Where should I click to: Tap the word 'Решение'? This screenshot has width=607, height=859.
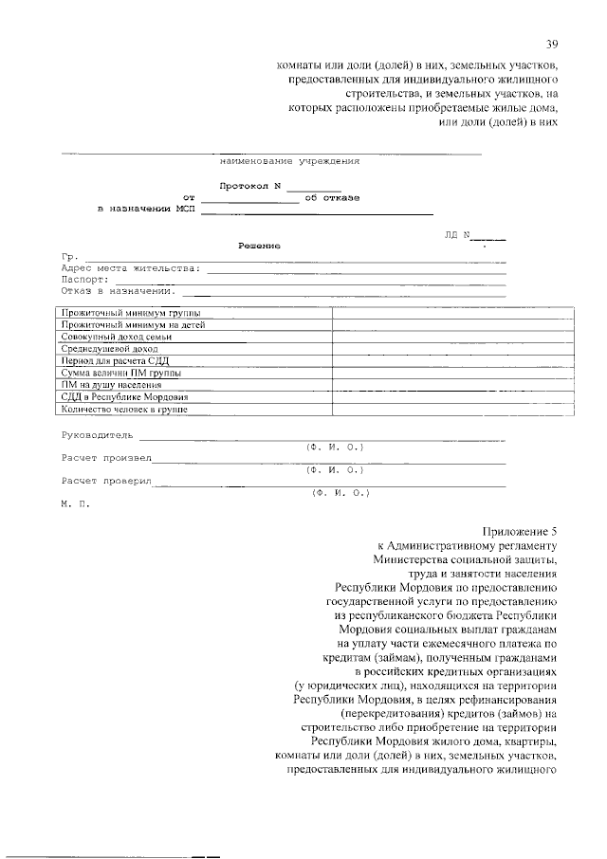[259, 246]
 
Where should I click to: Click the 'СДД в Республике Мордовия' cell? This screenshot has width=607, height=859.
[124, 397]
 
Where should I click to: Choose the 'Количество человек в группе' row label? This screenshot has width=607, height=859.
[123, 410]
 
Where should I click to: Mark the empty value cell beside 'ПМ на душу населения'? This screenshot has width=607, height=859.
[451, 385]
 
